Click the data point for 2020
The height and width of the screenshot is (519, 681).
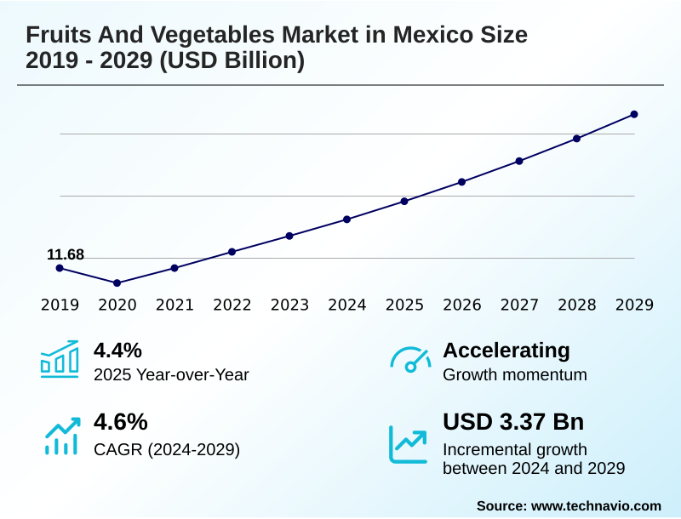(x=117, y=282)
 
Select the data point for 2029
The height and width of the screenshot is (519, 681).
(x=634, y=114)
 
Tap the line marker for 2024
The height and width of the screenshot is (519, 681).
(x=347, y=219)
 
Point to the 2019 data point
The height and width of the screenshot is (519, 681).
(x=60, y=268)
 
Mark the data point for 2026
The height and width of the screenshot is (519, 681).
(x=462, y=181)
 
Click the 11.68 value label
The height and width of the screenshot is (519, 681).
(x=66, y=254)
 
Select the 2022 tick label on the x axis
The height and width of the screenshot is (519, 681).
(x=232, y=305)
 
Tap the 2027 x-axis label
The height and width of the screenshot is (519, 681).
(x=519, y=305)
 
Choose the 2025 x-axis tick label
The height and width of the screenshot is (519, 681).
(x=404, y=305)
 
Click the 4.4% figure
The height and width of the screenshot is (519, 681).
(x=117, y=351)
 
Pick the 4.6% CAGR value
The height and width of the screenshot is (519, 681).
(x=120, y=422)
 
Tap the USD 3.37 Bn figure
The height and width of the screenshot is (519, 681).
(x=513, y=422)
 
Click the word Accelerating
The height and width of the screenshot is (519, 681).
(x=506, y=351)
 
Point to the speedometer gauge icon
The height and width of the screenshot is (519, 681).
(x=410, y=359)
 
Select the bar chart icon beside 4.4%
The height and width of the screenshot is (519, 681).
(x=60, y=359)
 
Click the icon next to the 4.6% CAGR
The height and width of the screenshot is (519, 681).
(x=61, y=435)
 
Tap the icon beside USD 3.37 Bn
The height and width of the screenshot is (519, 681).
(x=409, y=443)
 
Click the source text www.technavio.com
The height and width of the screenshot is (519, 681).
(x=596, y=505)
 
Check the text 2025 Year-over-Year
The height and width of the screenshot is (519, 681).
(x=171, y=374)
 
